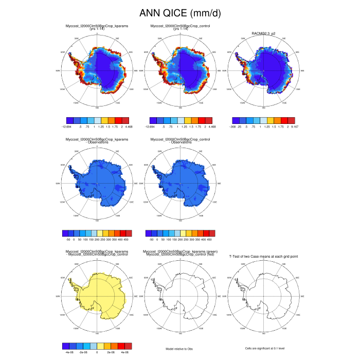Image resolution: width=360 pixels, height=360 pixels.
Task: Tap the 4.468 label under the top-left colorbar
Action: (126, 125)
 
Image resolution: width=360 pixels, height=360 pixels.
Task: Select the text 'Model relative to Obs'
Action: (180, 349)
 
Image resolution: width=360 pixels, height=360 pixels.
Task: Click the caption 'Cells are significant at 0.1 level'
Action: (265, 349)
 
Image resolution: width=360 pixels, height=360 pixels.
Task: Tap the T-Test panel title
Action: (265, 256)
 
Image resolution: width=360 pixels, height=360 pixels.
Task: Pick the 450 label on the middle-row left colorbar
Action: (126, 239)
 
